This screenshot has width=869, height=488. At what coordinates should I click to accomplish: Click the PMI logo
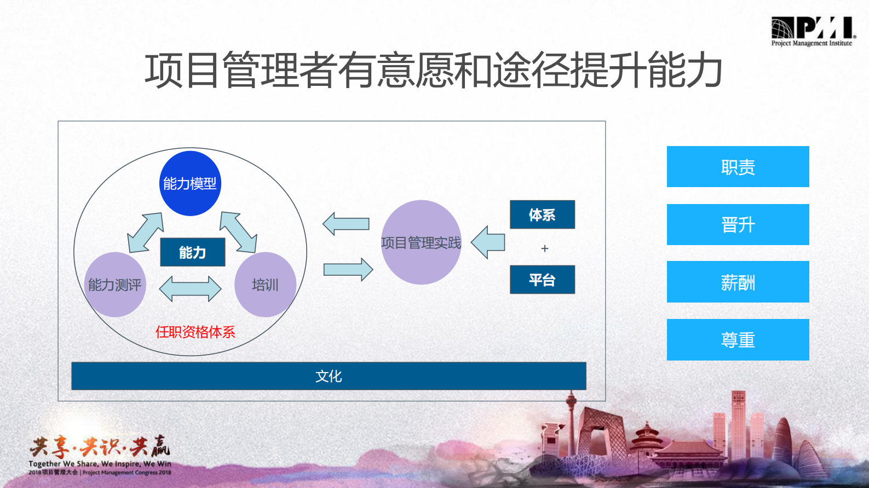point(812,31)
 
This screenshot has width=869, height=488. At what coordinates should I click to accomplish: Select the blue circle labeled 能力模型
point(190,183)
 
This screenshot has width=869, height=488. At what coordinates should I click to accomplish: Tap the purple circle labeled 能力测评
point(115,284)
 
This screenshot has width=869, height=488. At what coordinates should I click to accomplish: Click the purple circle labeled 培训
point(265,284)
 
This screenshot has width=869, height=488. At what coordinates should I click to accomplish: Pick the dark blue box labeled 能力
point(192,252)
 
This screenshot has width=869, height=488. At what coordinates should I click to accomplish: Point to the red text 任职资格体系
point(195,332)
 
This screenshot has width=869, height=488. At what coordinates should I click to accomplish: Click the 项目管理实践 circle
point(421,242)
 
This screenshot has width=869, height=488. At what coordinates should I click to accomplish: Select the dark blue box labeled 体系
point(542,214)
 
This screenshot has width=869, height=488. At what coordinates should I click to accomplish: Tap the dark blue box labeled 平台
point(542,280)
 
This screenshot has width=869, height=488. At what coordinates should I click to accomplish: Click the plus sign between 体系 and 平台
point(544,248)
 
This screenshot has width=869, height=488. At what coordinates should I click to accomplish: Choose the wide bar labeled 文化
point(329,376)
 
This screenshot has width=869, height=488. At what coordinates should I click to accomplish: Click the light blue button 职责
point(738,167)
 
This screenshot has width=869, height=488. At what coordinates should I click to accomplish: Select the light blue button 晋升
point(738,224)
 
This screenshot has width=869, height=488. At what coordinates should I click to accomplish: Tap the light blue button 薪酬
point(738,282)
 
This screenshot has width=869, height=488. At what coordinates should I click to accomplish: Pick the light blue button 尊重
point(738,340)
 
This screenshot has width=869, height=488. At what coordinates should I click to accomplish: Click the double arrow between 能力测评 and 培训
point(190,288)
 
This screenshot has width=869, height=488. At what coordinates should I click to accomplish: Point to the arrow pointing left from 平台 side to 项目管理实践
point(488,242)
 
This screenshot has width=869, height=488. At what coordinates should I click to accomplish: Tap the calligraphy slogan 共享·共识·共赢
point(100,448)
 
